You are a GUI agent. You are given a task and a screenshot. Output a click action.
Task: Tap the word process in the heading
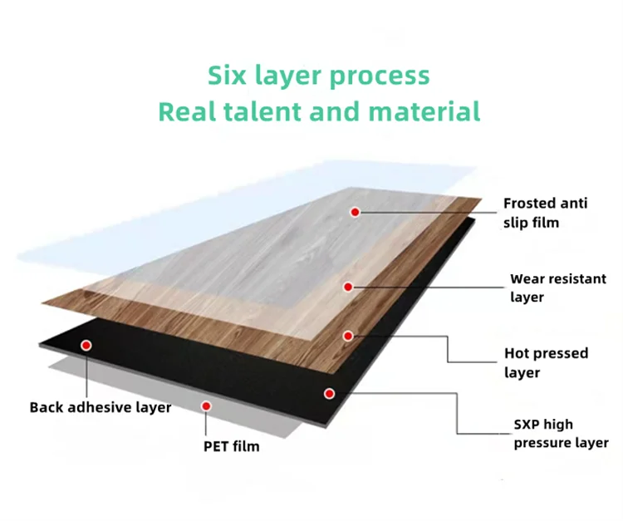tap(380, 76)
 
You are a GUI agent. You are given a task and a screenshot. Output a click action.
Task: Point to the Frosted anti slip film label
tap(544, 212)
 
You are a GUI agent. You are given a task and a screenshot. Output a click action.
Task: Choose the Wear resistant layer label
tap(557, 288)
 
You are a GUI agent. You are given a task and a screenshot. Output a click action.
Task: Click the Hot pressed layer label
tap(546, 362)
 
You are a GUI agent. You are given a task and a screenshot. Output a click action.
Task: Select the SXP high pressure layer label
tap(561, 433)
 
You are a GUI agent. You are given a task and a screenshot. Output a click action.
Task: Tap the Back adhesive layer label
tap(101, 407)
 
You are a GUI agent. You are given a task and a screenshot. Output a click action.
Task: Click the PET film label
tap(231, 446)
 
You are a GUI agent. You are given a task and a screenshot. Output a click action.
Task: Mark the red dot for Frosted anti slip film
tap(355, 213)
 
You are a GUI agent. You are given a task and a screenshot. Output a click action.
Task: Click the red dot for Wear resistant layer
tap(349, 287)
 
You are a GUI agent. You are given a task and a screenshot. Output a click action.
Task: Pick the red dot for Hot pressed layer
tap(348, 336)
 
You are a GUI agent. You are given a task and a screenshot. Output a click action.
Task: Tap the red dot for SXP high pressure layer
tap(329, 392)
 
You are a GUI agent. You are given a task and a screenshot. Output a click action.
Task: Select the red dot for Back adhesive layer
tap(85, 344)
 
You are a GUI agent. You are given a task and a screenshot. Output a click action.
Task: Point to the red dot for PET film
tap(207, 406)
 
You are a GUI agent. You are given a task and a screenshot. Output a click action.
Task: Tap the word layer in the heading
tap(288, 76)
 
